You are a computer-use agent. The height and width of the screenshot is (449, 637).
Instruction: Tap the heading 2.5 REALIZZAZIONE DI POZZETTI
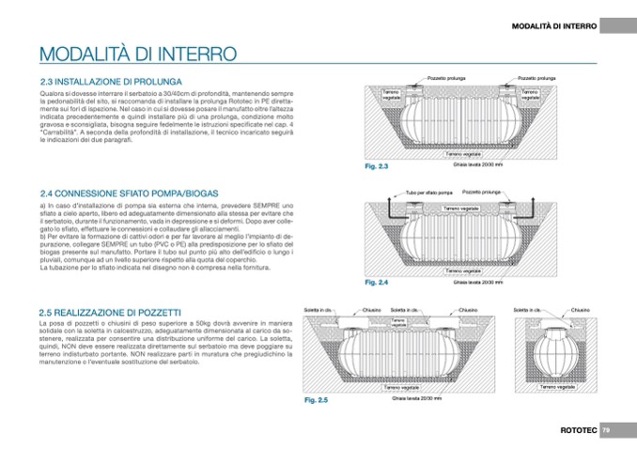110,311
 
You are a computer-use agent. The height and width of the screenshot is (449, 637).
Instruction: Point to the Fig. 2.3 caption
376,166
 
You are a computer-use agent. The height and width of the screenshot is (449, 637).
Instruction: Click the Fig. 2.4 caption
376,281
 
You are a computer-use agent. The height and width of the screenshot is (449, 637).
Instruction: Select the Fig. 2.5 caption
316,400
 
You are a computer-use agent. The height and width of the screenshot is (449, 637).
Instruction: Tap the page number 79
606,429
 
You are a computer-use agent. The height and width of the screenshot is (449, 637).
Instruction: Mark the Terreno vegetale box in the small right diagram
557,385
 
